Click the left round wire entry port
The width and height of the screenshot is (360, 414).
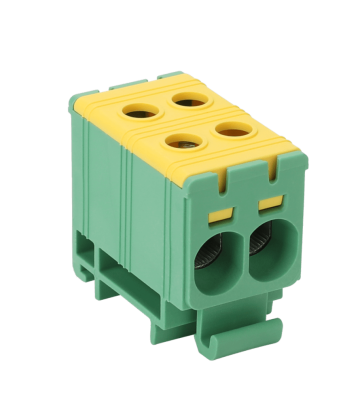(216, 258)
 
